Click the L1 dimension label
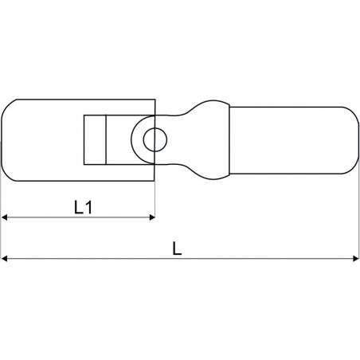83,207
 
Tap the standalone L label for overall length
177,248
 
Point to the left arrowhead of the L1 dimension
4,217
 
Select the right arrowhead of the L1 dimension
152,217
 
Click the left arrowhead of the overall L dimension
4,258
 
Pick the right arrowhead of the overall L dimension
356,258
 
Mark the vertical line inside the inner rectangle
106,140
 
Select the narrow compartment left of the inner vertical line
95,140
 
